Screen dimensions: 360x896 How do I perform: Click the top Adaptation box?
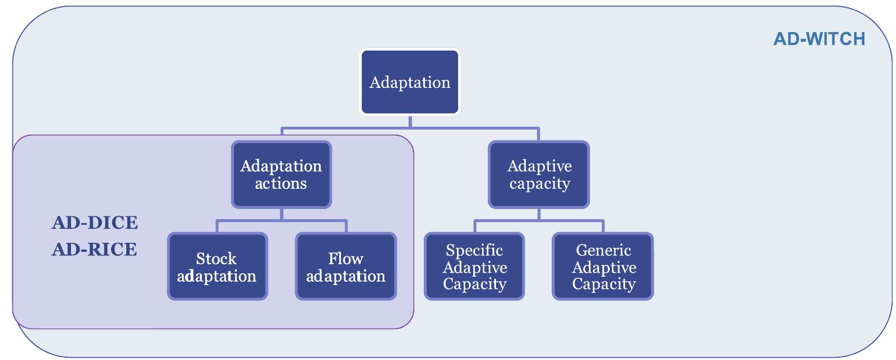click(x=410, y=82)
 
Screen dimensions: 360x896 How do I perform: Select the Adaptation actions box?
click(x=281, y=175)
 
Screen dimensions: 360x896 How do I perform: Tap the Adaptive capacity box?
click(x=539, y=175)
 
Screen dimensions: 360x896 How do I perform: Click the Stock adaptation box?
click(x=217, y=266)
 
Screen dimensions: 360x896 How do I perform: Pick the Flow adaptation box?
click(x=345, y=266)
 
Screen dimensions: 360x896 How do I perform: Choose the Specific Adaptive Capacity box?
click(x=474, y=266)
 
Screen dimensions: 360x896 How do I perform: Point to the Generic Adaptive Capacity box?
click(x=603, y=266)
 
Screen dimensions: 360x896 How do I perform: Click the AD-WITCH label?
click(x=819, y=39)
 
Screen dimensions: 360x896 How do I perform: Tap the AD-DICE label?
click(x=95, y=223)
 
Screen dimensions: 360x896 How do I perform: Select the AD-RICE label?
click(x=95, y=249)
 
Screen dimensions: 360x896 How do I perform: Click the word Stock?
click(x=216, y=259)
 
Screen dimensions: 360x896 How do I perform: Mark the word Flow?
click(x=345, y=259)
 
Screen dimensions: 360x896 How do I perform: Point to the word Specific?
click(x=474, y=250)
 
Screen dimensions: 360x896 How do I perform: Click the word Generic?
click(x=603, y=250)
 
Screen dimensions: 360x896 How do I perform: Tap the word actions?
click(x=281, y=184)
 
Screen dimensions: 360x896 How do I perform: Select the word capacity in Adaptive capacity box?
click(x=539, y=184)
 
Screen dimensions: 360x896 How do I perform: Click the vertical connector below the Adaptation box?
click(x=410, y=122)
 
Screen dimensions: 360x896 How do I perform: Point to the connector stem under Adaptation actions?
click(x=281, y=214)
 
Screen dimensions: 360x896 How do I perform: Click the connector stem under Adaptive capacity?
click(x=539, y=214)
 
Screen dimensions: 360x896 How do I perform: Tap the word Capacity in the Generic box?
click(x=604, y=284)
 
